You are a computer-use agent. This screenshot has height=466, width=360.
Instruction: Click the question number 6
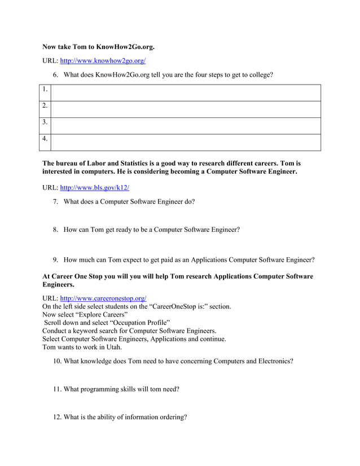(56, 74)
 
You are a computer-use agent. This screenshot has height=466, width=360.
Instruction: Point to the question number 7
(56, 201)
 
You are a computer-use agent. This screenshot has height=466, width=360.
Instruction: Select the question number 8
(56, 230)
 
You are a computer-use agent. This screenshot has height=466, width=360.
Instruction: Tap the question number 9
(56, 260)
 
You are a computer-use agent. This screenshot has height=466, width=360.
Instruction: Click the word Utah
(113, 347)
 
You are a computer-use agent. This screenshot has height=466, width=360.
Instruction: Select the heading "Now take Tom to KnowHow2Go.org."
(98, 46)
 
